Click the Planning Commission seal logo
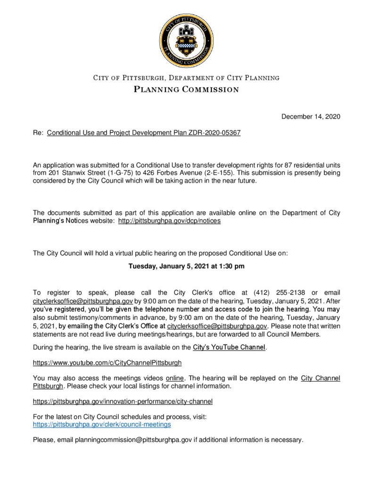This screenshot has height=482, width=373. pyautogui.click(x=186, y=40)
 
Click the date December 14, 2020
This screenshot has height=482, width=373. pyautogui.click(x=311, y=117)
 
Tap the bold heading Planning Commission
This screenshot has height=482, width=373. pyautogui.click(x=186, y=89)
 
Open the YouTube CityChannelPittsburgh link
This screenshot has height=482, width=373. pyautogui.click(x=107, y=363)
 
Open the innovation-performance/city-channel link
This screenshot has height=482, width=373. pyautogui.click(x=123, y=402)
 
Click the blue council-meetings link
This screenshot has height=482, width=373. pyautogui.click(x=101, y=424)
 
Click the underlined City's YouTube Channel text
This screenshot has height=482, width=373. pyautogui.click(x=230, y=348)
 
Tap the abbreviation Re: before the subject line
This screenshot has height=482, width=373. pyautogui.click(x=38, y=133)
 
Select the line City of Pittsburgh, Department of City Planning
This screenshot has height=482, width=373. pyautogui.click(x=186, y=78)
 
